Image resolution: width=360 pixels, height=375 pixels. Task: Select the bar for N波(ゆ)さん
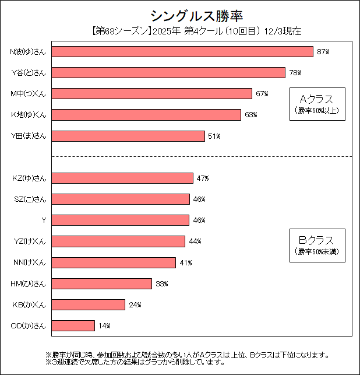182,52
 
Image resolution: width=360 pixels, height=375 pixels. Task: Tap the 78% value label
295,73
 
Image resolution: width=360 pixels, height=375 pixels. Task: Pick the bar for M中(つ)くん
151,94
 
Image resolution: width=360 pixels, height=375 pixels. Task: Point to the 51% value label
214,136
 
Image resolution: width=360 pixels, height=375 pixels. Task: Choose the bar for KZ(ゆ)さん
122,178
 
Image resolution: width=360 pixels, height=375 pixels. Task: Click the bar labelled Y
121,220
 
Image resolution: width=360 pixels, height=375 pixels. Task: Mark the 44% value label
195,241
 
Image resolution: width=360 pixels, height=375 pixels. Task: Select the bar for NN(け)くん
114,262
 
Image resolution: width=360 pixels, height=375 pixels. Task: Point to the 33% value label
161,284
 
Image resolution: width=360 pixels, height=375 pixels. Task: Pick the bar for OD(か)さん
73,325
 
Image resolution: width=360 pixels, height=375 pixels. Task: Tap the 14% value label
104,326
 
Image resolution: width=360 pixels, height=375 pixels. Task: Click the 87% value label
323,52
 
